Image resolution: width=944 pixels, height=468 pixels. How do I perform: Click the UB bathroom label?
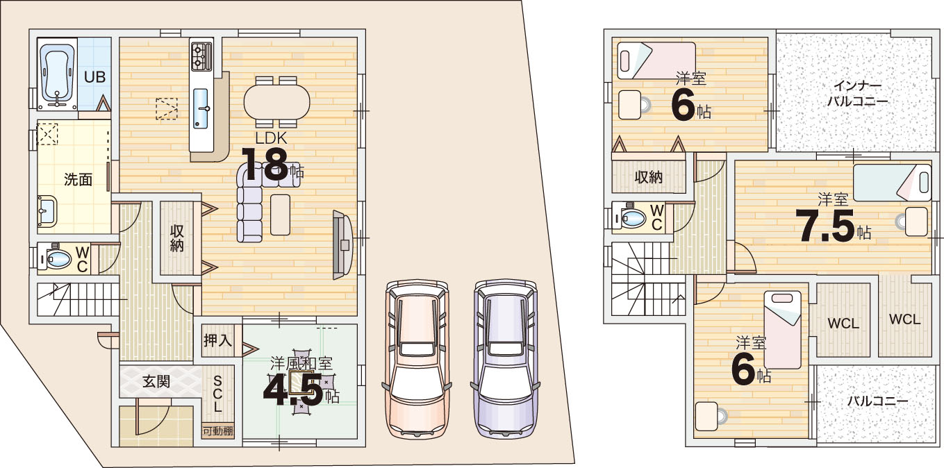pos(95,77)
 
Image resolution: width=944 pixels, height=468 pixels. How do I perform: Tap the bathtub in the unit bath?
pos(58,74)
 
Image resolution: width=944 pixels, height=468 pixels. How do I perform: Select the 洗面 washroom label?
pos(78,179)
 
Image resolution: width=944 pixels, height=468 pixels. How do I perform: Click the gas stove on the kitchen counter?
pos(201,56)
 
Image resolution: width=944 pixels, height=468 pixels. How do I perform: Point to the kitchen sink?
pos(201,108)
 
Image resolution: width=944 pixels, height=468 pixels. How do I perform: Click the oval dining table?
pos(277,102)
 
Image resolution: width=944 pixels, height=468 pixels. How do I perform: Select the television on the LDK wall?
pos(342,244)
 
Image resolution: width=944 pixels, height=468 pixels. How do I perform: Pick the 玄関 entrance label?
pos(156,382)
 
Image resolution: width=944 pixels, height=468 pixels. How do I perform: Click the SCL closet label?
pos(217,394)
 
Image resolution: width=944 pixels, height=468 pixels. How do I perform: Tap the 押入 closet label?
pos(218,340)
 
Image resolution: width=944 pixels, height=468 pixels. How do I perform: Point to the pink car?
pos(417,358)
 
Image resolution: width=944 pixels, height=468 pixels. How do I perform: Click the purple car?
pos(505,358)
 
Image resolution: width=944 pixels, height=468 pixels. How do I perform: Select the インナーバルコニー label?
pos(858,94)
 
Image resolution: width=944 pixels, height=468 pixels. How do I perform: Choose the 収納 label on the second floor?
pos(649,177)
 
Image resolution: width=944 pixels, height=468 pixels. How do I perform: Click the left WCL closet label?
pos(843,324)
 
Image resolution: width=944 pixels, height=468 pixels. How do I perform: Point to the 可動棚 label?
pos(218,431)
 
